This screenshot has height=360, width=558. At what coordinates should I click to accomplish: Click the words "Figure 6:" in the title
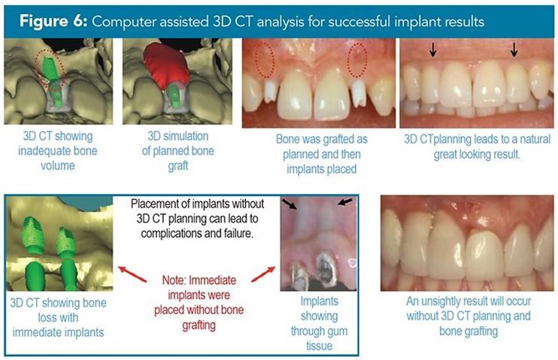tap(53, 21)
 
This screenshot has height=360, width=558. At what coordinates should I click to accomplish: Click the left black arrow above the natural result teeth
tap(432, 50)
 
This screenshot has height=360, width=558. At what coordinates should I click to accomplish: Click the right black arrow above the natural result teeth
tap(514, 50)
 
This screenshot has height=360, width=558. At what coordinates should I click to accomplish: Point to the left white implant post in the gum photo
tap(271, 92)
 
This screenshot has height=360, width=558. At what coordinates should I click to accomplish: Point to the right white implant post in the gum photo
tap(358, 93)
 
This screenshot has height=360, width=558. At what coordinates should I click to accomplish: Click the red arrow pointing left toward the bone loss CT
tap(132, 274)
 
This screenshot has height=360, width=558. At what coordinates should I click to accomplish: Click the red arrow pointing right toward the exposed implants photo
tap(263, 274)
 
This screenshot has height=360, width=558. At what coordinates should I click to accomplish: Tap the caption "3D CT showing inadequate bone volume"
tap(58, 151)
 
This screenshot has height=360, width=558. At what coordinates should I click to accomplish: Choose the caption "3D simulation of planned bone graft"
tap(178, 151)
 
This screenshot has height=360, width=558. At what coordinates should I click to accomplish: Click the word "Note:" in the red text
tap(174, 280)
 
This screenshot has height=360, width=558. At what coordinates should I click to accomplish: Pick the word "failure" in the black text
tap(237, 233)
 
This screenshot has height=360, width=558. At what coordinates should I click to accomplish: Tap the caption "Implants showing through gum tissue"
tap(319, 323)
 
